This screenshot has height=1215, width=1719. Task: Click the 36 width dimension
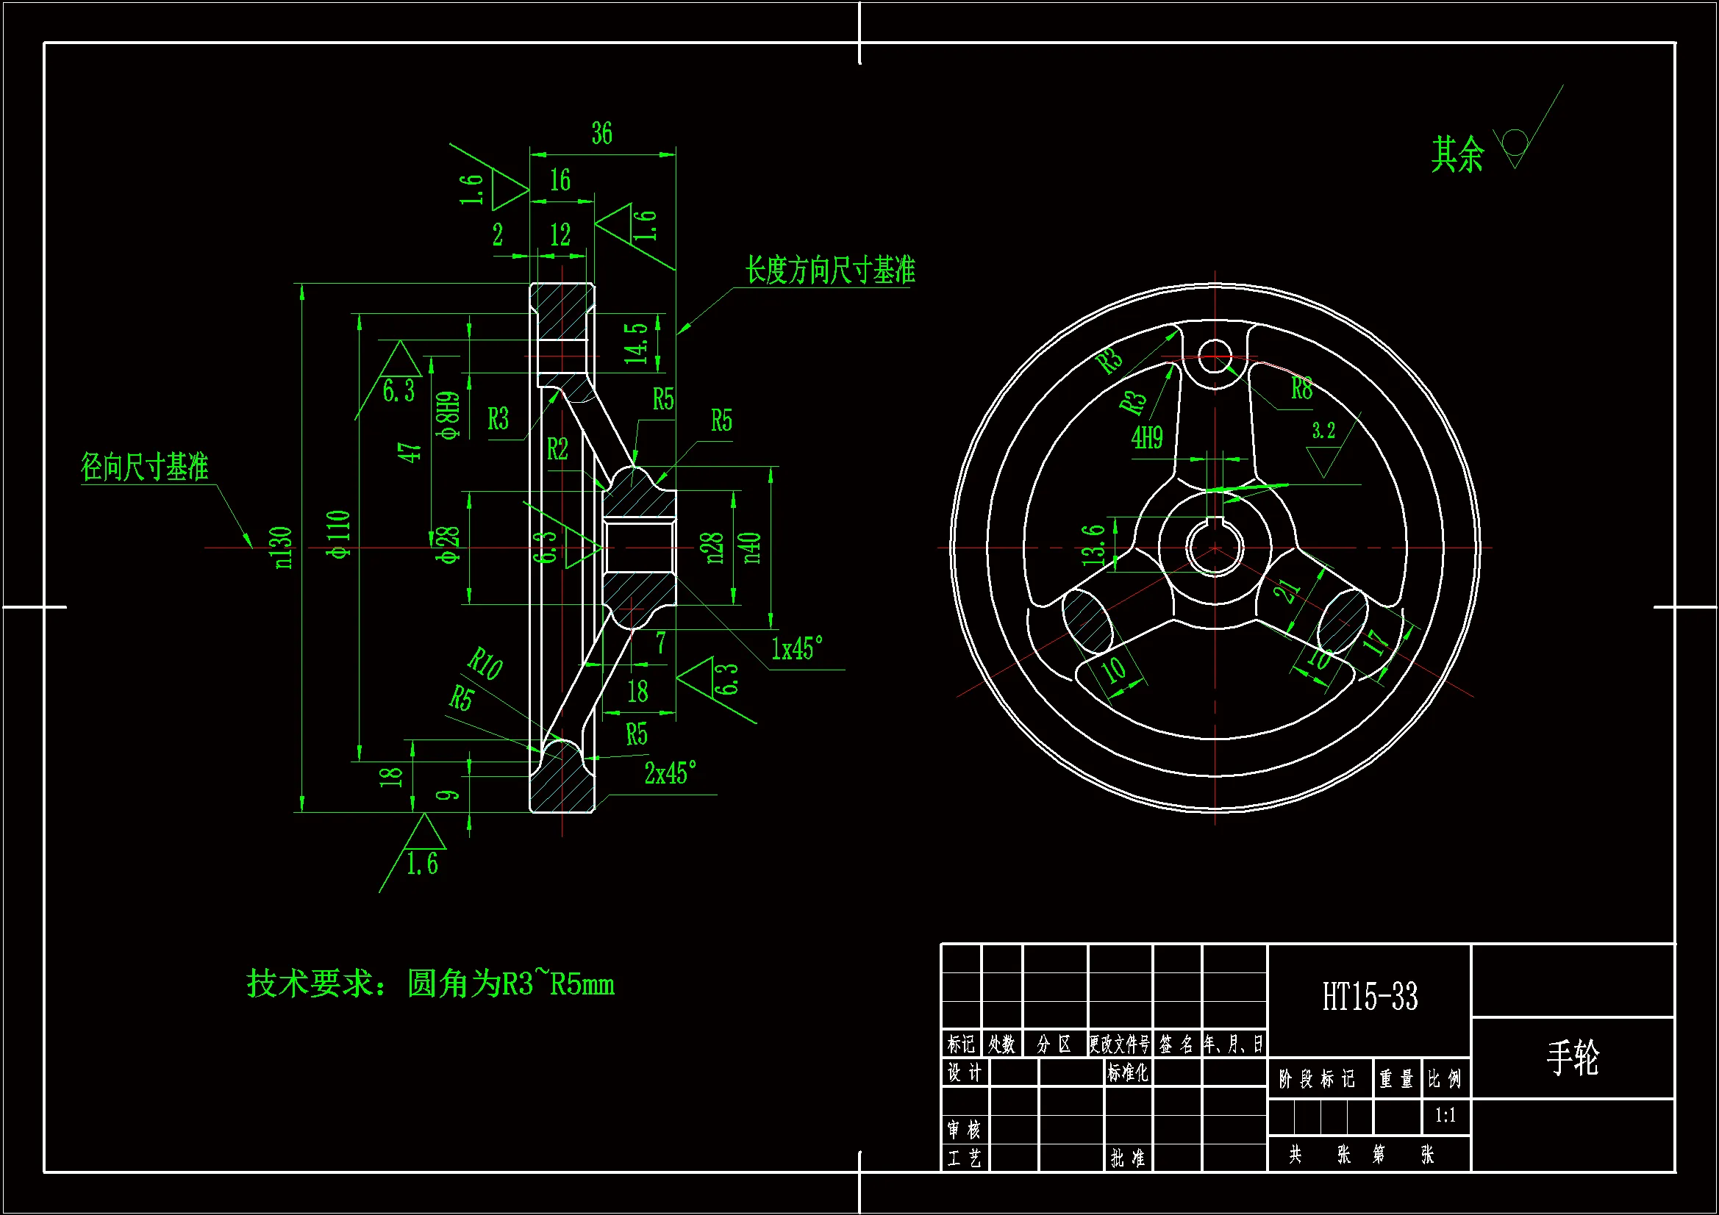(601, 134)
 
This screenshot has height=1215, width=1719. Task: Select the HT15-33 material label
(1369, 997)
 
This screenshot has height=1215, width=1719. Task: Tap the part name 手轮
(1572, 1057)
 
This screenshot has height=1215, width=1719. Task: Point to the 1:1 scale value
(1445, 1116)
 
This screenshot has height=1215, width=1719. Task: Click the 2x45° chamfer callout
(670, 773)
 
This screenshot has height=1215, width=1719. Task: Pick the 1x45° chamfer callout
(796, 648)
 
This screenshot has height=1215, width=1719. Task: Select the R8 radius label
(1301, 389)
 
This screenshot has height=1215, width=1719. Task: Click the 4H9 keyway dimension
(1147, 438)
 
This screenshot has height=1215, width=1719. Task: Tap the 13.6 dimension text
(1094, 544)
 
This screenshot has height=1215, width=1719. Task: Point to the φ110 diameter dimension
(339, 534)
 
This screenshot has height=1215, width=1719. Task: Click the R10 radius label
(485, 663)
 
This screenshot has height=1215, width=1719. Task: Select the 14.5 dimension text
(637, 343)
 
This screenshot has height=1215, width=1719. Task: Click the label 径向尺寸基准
(145, 467)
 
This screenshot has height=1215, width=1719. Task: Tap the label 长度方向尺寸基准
(829, 270)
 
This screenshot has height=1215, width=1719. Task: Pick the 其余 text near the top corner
(1457, 155)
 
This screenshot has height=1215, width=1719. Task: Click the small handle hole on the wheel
(1215, 356)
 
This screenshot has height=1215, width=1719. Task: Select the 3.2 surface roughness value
(1323, 431)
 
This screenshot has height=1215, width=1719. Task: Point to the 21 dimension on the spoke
(1287, 591)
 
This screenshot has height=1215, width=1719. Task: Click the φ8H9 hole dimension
(448, 415)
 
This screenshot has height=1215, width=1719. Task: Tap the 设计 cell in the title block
(965, 1072)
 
